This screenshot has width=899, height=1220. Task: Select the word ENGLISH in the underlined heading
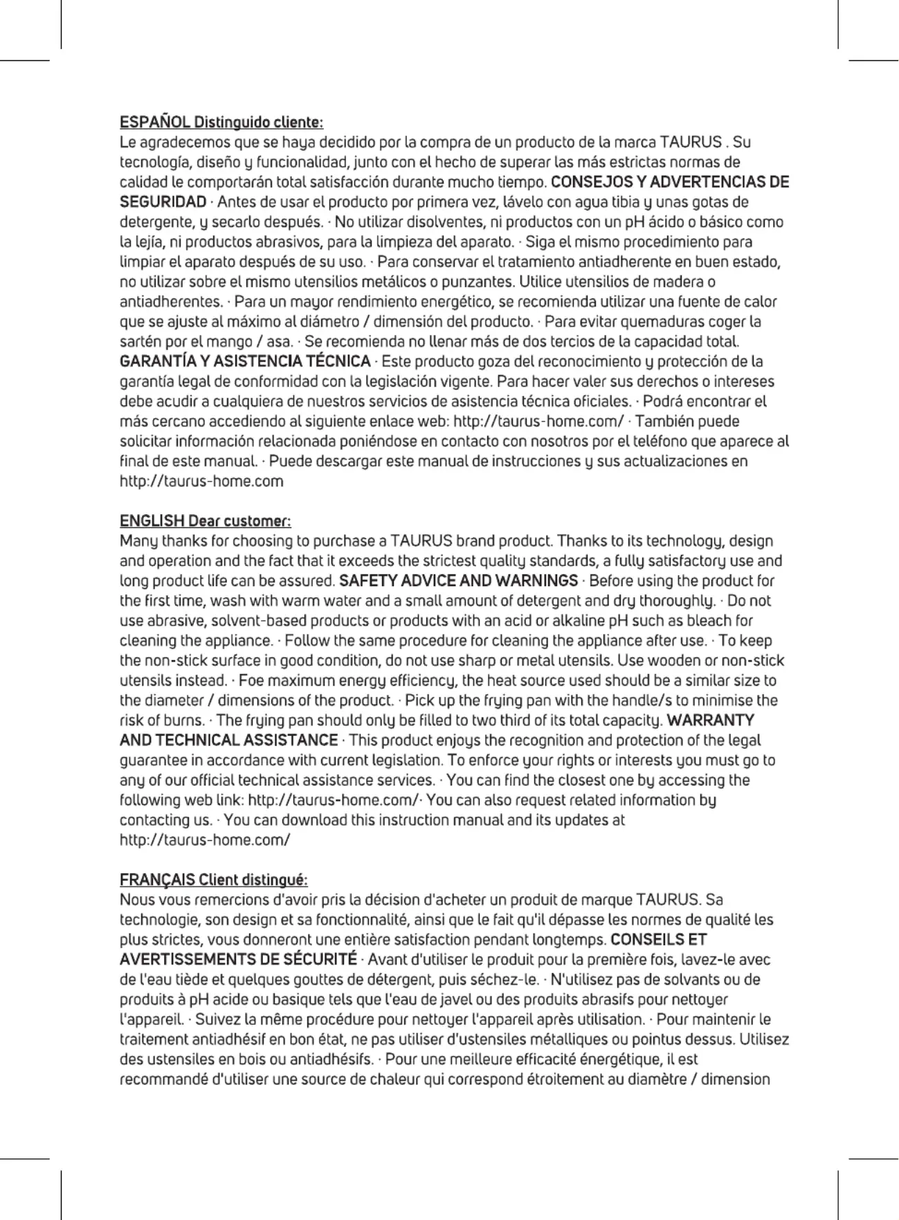coord(152,520)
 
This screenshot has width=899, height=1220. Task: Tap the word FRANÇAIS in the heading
coord(157,880)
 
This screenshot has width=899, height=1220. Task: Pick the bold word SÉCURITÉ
coord(320,960)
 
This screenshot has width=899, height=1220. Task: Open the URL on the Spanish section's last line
coord(201,481)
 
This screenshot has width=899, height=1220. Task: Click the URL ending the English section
coord(205,840)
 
